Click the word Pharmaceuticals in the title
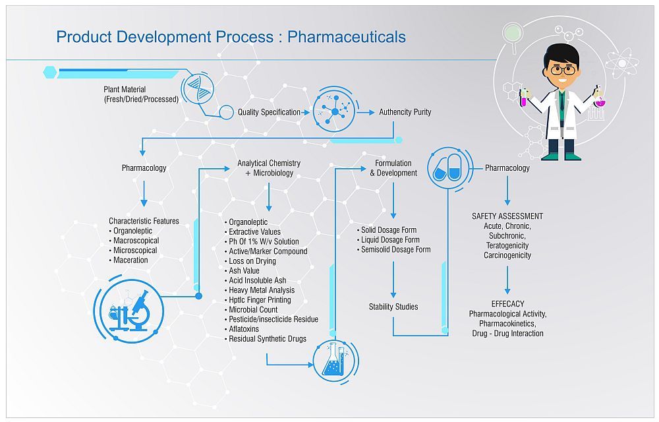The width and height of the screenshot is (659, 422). (x=347, y=36)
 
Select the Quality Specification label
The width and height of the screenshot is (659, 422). (x=269, y=112)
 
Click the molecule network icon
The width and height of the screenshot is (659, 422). (x=335, y=112)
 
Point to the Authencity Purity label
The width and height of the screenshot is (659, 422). (x=405, y=112)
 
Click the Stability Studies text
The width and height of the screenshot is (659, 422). (x=393, y=307)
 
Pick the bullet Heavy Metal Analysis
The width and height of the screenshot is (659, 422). (x=261, y=290)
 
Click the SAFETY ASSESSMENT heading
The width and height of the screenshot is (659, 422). (x=507, y=216)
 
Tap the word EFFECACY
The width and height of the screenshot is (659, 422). (x=507, y=304)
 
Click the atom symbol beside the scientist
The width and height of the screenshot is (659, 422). (x=620, y=64)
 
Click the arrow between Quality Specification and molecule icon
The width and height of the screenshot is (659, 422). (x=306, y=113)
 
